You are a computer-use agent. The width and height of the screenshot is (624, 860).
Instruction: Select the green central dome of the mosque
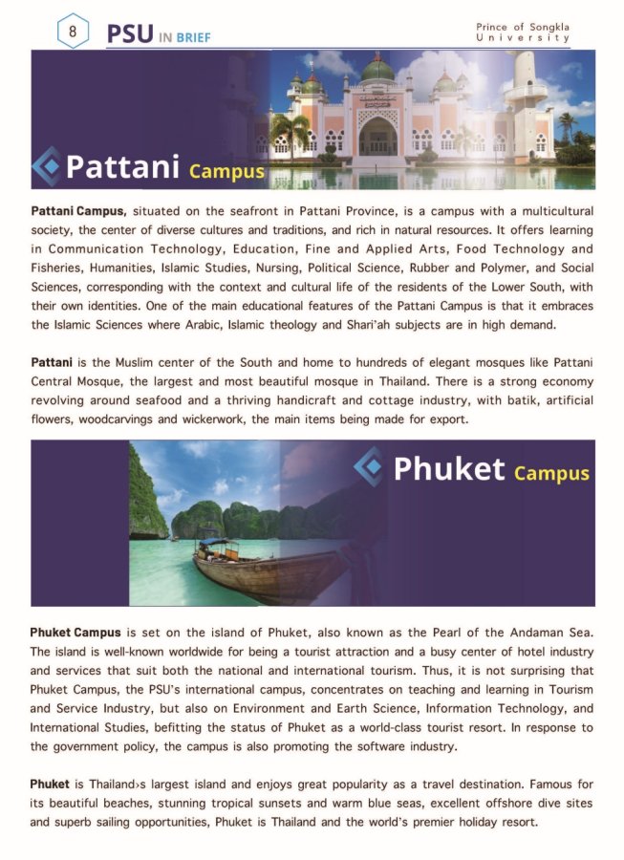378,70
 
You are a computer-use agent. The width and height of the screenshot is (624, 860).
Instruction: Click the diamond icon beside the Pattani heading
47,166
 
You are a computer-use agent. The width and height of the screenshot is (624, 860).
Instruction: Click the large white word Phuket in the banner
449,468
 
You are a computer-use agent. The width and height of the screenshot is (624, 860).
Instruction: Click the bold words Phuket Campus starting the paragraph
75,633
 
